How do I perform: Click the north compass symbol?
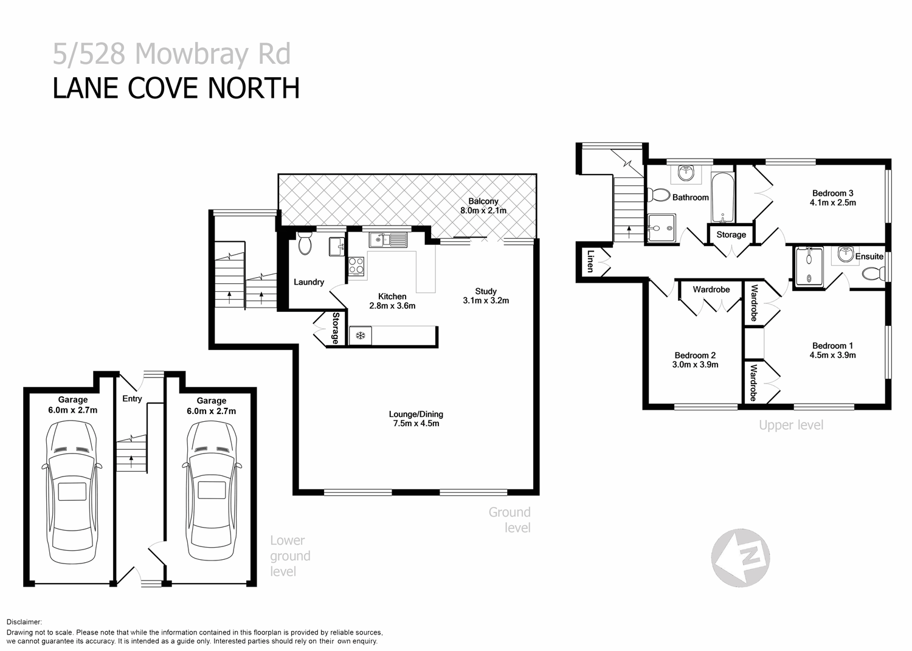741,557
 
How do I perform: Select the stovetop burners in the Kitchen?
356,266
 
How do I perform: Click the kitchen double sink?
390,240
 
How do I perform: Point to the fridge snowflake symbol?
360,336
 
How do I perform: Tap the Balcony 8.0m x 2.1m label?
483,206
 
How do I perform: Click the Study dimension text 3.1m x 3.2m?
485,300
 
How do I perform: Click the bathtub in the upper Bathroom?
723,198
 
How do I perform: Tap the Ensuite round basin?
845,255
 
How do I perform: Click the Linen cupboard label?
589,263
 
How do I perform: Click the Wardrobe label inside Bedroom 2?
711,289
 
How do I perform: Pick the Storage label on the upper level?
731,235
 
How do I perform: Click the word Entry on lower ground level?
132,399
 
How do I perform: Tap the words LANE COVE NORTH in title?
176,88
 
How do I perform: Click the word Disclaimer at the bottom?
24,622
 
